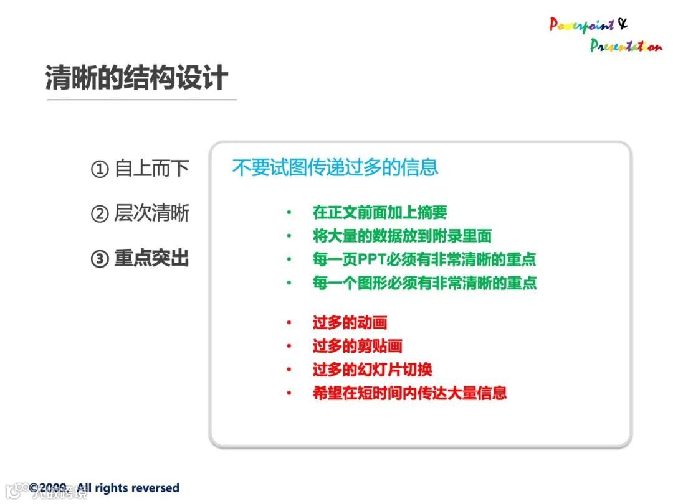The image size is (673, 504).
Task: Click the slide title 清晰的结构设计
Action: pos(136,78)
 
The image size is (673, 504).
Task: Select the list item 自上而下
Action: pos(152,168)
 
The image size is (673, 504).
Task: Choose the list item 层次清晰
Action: pos(152,213)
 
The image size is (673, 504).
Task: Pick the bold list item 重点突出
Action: pos(152,258)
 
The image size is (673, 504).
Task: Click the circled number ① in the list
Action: pos(100,169)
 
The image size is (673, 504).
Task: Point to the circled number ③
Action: pos(100,259)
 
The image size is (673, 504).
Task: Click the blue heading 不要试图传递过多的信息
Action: pos(335,167)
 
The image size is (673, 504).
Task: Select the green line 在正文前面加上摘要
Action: pos(380,212)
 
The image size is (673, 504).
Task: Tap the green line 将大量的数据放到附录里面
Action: pos(402,236)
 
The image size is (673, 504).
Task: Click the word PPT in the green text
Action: pos(371,259)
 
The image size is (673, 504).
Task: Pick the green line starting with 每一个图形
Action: pos(425,283)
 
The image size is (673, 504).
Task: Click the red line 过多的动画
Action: pos(350,322)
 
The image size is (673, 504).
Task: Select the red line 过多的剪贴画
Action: pos(358,346)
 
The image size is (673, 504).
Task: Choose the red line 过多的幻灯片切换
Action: pos(373,370)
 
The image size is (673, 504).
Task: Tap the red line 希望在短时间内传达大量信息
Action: pos(410,393)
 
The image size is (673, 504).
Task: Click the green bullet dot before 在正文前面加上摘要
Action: pos(289,212)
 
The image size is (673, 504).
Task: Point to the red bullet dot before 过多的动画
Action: pos(289,322)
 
